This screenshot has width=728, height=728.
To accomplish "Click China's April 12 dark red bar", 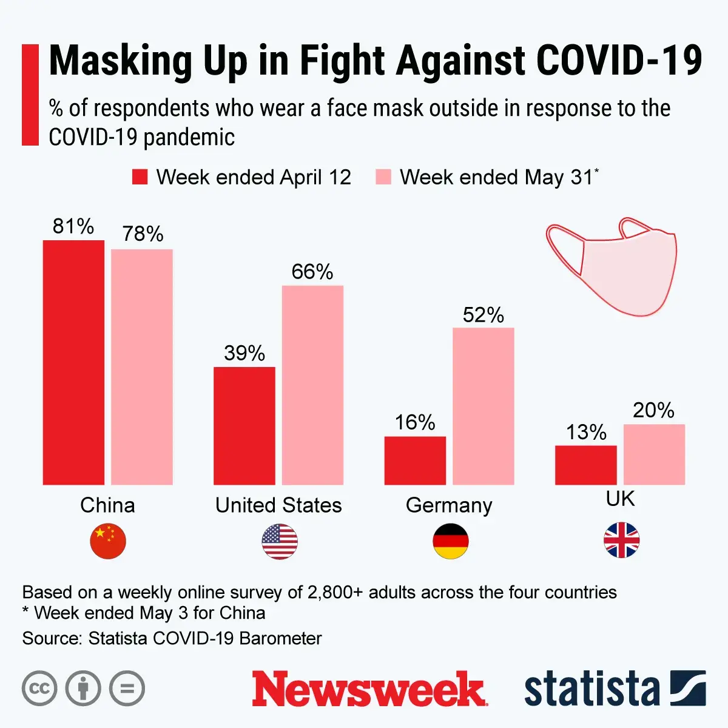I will point(73,362).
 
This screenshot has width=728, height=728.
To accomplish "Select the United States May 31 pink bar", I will point(312,385).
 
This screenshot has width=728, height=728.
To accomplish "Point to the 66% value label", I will point(312,271).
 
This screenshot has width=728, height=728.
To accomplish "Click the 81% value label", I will point(73,226).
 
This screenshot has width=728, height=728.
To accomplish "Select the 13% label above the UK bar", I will point(586,432).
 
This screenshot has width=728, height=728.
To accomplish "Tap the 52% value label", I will point(484,315).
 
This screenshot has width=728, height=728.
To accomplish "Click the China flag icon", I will point(108,541).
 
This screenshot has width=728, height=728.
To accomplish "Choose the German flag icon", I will point(451,541).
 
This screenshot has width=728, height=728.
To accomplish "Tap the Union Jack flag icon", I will point(621,540).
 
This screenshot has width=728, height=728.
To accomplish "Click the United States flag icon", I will point(280,541).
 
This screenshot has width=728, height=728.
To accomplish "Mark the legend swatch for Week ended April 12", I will point(140,177).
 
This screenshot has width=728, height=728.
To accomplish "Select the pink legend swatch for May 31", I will point(383,177).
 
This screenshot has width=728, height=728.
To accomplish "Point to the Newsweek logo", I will point(369,689).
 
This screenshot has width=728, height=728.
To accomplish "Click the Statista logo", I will point(615,689).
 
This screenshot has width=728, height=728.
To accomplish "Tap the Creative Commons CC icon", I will point(39,689).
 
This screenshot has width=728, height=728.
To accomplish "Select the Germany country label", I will point(449,505).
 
